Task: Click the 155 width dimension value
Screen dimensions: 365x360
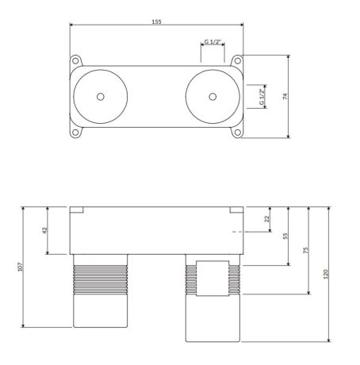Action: [x=156, y=21]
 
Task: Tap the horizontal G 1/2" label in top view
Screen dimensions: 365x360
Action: [x=213, y=42]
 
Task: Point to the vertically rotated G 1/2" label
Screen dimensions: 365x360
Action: [x=261, y=97]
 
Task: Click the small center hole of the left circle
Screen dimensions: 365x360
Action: [x=100, y=97]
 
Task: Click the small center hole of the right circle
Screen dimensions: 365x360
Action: [x=212, y=97]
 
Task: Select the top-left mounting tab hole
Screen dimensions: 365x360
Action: [x=76, y=61]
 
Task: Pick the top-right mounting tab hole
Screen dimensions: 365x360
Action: [x=236, y=61]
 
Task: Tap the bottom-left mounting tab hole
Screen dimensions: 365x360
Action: [x=76, y=133]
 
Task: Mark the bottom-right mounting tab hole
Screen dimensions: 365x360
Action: [x=236, y=133]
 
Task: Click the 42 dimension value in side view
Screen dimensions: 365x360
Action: [x=45, y=230]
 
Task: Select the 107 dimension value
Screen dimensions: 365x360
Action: [x=21, y=267]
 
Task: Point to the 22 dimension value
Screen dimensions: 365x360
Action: [x=266, y=218]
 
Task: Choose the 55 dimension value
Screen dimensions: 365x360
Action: [x=285, y=236]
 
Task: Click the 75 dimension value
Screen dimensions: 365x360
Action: [x=306, y=249]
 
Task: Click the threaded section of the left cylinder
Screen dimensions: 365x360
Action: [x=100, y=279]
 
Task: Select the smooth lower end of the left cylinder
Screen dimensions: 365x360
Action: [x=100, y=311]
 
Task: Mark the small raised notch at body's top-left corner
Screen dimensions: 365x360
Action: [x=77, y=210]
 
